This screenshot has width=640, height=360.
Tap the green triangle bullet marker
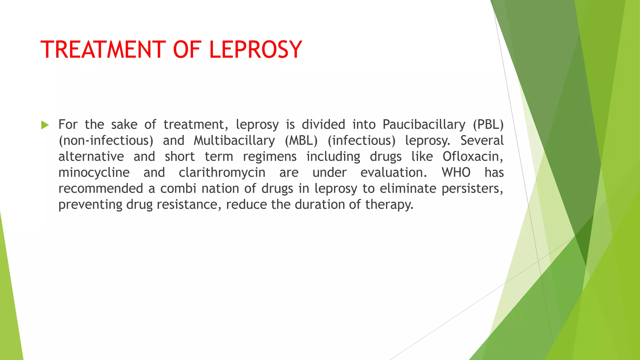(45, 125)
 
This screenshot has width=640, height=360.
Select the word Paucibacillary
(424, 125)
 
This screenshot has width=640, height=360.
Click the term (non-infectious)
(106, 141)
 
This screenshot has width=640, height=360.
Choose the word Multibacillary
(234, 141)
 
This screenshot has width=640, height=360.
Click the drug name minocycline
(94, 172)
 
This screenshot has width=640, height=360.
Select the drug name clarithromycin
(222, 172)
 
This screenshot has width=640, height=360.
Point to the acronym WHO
(456, 172)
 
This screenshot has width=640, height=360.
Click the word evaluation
(393, 172)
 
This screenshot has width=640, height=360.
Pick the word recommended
(101, 188)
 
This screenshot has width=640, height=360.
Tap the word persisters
(472, 188)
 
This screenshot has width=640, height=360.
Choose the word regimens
(270, 157)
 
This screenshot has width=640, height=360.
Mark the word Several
(482, 141)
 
